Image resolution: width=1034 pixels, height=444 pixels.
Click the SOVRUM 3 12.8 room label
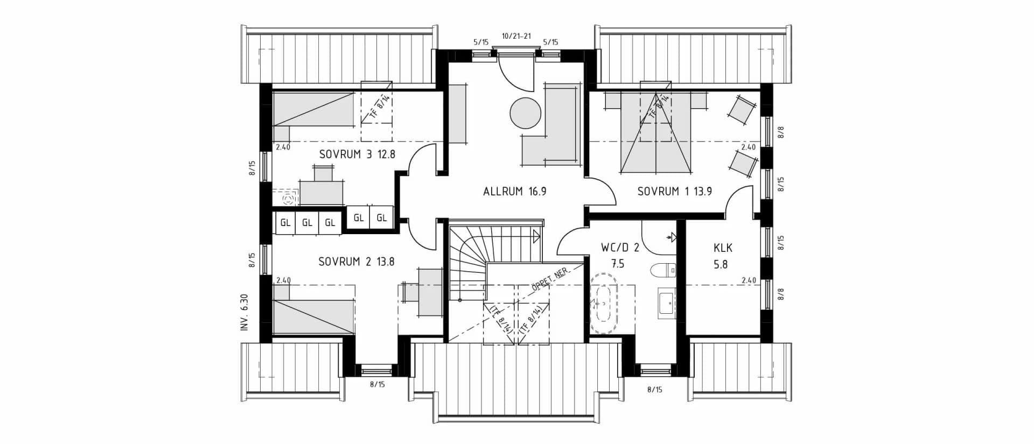tap(357, 154)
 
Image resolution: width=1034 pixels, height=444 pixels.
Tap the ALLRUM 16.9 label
tap(515, 191)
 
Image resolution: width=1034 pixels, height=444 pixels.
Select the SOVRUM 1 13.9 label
tap(674, 191)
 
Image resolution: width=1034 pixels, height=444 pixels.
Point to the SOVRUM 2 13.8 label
tap(356, 262)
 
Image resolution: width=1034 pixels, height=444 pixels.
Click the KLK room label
tap(723, 248)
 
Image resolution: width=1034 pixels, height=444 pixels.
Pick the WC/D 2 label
tap(620, 248)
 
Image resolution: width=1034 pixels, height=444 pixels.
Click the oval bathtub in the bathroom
tap(604, 304)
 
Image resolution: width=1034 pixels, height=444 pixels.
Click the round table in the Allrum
tap(525, 113)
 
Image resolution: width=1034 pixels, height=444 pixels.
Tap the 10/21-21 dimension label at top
tap(516, 36)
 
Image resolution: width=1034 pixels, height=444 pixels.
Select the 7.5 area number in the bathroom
tap(618, 264)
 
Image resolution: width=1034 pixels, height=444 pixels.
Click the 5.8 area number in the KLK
tap(721, 264)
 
